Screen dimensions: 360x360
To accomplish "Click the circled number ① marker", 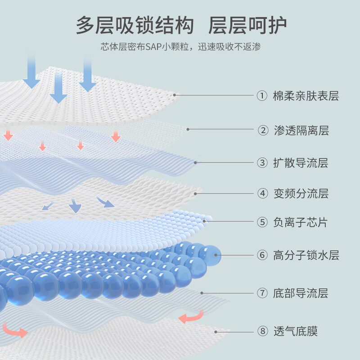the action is click(262, 96).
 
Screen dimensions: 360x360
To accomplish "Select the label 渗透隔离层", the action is click(301, 130).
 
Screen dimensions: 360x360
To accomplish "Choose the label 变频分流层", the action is click(301, 194).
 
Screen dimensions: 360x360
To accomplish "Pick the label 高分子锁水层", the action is click(306, 256).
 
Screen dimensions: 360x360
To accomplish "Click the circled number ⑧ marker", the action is click(262, 332).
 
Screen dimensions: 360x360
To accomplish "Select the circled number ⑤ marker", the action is click(262, 222).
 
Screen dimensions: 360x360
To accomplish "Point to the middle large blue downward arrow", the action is click(58, 85).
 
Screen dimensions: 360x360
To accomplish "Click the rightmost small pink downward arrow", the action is click(116, 136).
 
